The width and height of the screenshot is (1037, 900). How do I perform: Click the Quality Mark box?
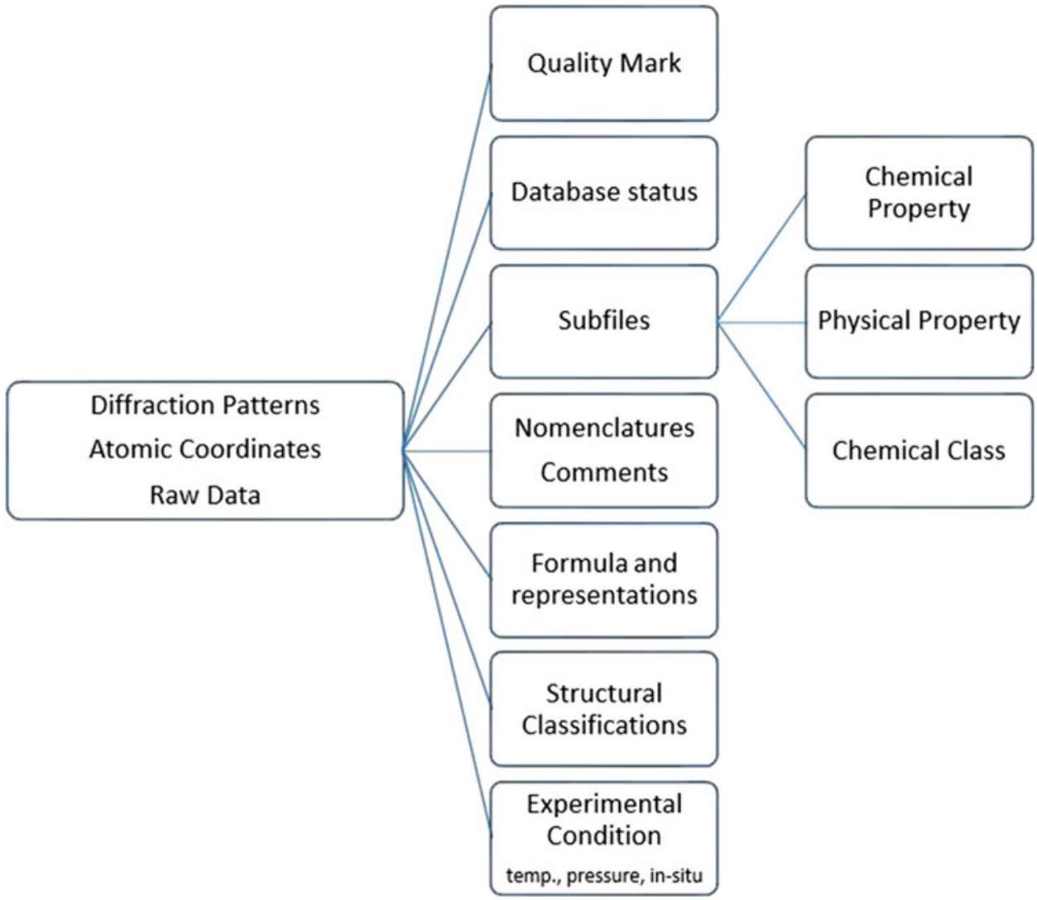tap(603, 64)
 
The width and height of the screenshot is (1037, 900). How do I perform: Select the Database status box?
tap(603, 192)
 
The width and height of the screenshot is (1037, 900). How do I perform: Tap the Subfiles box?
tap(603, 321)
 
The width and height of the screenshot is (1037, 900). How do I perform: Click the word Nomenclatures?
tap(604, 428)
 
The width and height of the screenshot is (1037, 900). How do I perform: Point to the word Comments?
tap(604, 472)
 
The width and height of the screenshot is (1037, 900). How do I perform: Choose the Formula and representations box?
tap(603, 579)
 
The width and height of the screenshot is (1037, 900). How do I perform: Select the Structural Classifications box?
tap(603, 709)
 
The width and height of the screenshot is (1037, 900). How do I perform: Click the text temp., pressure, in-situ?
tap(603, 875)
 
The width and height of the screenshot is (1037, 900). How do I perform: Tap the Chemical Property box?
tap(919, 192)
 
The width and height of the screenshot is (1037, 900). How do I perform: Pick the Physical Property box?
tap(919, 321)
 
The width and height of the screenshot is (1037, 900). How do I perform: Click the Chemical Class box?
tap(919, 450)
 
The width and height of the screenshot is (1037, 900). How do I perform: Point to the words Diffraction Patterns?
tap(204, 405)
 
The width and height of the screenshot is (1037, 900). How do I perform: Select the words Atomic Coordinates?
tap(204, 449)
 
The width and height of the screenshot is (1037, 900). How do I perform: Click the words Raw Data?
tap(204, 495)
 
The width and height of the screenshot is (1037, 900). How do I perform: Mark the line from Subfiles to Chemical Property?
tap(761, 259)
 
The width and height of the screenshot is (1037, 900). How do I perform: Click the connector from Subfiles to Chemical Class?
tap(761, 385)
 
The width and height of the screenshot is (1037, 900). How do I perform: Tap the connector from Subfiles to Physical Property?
tap(761, 323)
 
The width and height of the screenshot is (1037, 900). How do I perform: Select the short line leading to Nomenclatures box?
tap(447, 451)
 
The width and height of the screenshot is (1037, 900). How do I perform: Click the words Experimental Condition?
tap(603, 820)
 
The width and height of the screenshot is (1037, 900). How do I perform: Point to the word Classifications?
tap(603, 725)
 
